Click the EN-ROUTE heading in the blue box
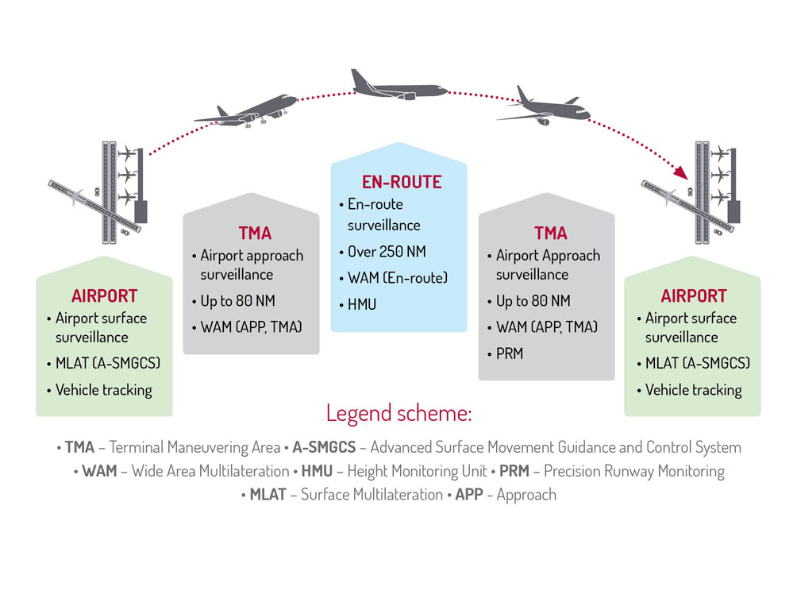click(x=402, y=182)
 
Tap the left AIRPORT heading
click(x=104, y=296)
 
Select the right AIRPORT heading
click(x=694, y=296)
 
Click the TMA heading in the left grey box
click(x=255, y=234)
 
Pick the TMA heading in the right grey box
click(x=550, y=234)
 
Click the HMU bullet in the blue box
click(x=362, y=305)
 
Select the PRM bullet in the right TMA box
click(x=509, y=353)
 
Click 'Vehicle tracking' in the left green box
click(x=103, y=390)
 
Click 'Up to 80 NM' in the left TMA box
click(x=237, y=301)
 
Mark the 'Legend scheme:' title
click(x=398, y=414)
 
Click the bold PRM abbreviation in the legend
click(x=514, y=471)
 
